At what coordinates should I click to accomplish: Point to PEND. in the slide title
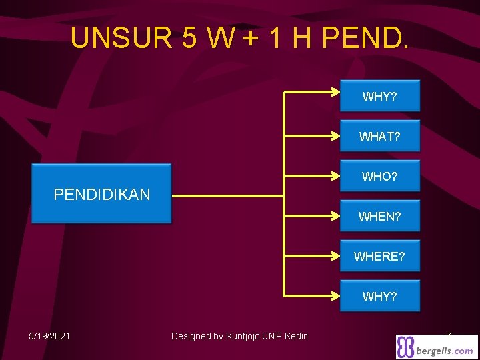tap(365, 38)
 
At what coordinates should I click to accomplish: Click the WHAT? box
tap(380, 137)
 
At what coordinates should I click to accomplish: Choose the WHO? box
tap(380, 177)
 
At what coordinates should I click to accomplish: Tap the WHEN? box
tap(380, 216)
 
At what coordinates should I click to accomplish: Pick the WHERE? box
tap(380, 256)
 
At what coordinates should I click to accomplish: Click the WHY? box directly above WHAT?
tap(380, 97)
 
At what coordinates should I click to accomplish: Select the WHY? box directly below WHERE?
tap(380, 296)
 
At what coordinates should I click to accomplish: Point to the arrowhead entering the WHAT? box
tap(336, 137)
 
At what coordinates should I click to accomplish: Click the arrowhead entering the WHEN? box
tap(336, 216)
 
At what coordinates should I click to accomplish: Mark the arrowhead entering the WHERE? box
tap(336, 256)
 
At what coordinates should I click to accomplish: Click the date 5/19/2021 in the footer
tap(51, 336)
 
